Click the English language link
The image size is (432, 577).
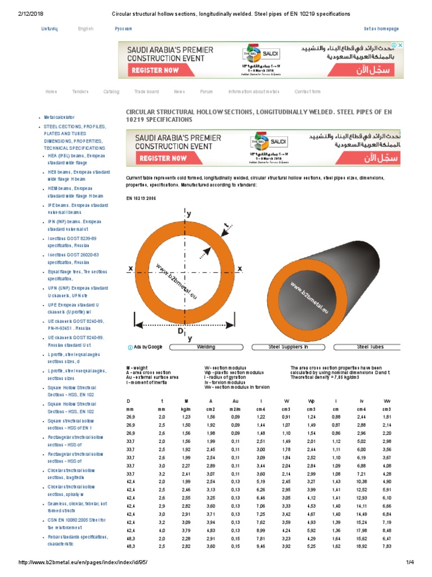pos(85,28)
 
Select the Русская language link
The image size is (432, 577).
pos(123,28)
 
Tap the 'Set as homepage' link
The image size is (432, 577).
pos(381,29)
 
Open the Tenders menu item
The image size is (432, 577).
pos(80,91)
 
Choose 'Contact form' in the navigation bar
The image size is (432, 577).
pos(307,91)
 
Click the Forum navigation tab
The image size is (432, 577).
pos(206,91)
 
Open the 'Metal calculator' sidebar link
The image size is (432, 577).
pos(59,117)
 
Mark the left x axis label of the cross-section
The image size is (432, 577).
pos(130,269)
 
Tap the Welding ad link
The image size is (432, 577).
pos(206,347)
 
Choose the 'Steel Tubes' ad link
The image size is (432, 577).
pos(370,347)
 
